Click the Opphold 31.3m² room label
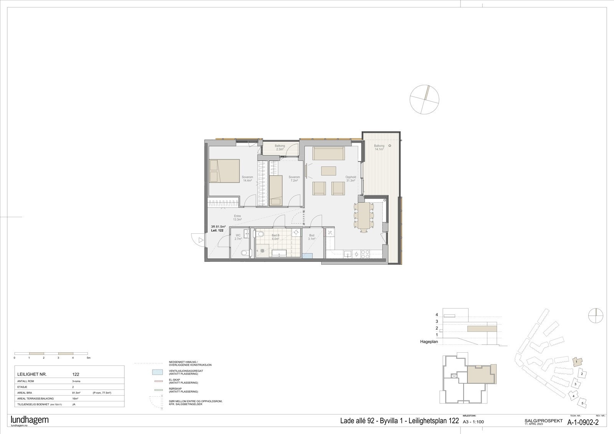click(351, 179)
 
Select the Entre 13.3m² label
click(237, 218)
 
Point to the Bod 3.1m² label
click(312, 237)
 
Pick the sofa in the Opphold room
click(329, 153)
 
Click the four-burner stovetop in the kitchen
click(365, 253)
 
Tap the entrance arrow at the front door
click(201, 240)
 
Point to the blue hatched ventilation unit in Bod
click(307, 256)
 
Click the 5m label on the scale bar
click(88, 358)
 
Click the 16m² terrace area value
click(76, 398)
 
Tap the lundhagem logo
click(30, 420)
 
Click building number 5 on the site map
click(583, 403)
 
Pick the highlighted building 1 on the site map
click(577, 361)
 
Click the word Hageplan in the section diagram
click(429, 341)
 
